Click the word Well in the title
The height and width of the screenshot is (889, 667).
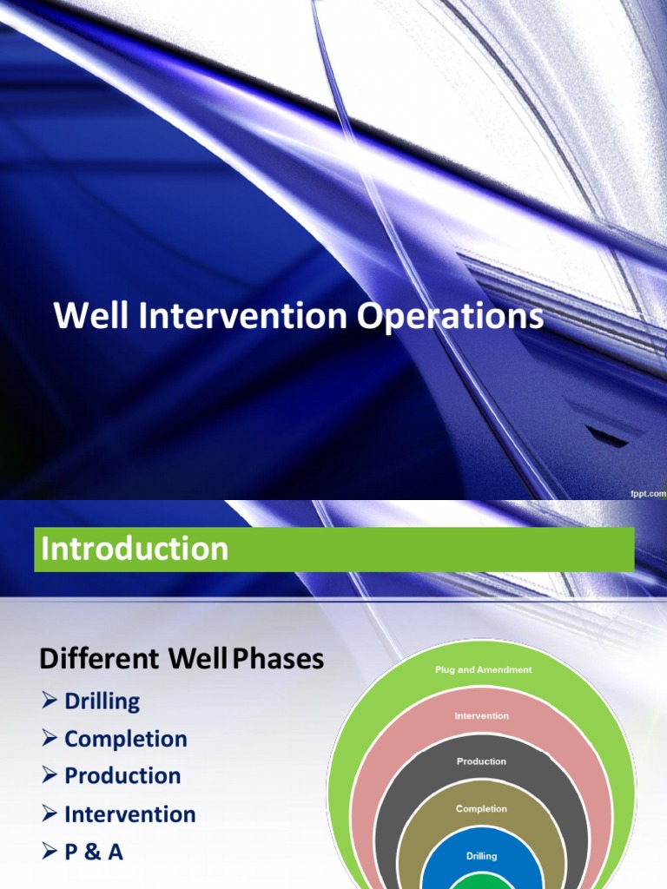tap(83, 317)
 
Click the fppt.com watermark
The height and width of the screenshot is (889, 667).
tap(647, 492)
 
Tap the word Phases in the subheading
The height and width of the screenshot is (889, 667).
tap(277, 660)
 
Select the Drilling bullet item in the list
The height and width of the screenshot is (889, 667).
tap(102, 701)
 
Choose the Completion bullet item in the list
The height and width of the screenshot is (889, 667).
tap(125, 739)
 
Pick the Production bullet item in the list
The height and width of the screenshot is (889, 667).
tap(122, 776)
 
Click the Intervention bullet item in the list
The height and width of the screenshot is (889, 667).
tap(129, 814)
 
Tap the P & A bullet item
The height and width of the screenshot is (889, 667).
tap(93, 853)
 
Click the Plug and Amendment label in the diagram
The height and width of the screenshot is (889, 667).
tap(483, 670)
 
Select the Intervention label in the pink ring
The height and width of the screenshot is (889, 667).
tap(481, 716)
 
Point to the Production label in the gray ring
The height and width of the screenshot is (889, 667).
tap(481, 761)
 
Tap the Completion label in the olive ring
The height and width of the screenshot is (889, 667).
tap(481, 809)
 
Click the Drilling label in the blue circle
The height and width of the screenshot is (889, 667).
tap(481, 856)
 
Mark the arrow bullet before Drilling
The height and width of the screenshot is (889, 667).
tap(50, 701)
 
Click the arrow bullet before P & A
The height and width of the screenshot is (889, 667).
tap(50, 853)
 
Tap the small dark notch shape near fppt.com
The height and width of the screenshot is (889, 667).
tap(607, 437)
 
